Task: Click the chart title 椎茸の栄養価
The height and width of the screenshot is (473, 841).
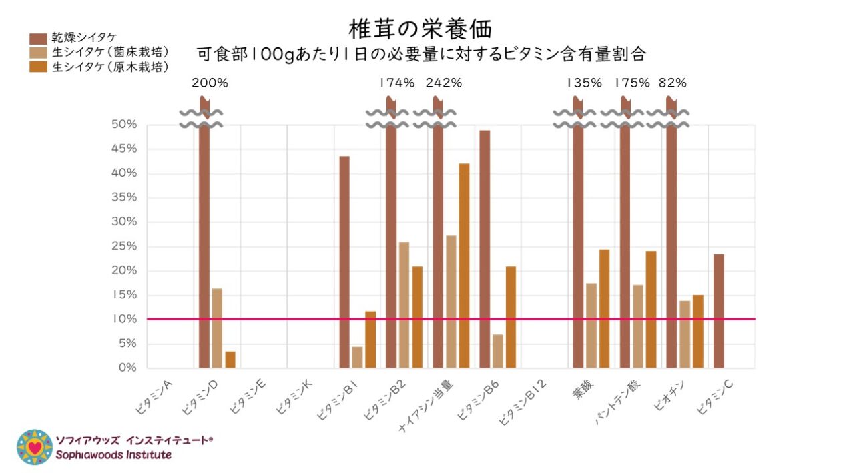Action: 421,29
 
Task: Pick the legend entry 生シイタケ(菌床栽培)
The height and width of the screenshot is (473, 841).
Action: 110,52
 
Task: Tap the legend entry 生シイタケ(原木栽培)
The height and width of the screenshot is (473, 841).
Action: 110,67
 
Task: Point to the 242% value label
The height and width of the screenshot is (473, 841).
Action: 443,83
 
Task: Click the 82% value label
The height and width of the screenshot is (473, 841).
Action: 672,83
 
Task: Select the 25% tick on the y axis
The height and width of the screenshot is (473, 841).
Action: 124,246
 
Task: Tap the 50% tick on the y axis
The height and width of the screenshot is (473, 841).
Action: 124,125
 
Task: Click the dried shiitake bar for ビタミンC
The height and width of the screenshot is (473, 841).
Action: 718,310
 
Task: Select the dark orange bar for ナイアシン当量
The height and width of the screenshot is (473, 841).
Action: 464,266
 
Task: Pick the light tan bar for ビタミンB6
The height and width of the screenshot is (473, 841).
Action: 497,351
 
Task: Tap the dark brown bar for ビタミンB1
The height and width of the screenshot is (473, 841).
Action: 344,262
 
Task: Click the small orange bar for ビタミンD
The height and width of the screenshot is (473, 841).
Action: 230,360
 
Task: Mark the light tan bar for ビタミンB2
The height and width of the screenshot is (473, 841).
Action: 404,304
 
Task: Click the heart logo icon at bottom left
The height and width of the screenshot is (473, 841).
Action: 35,446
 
